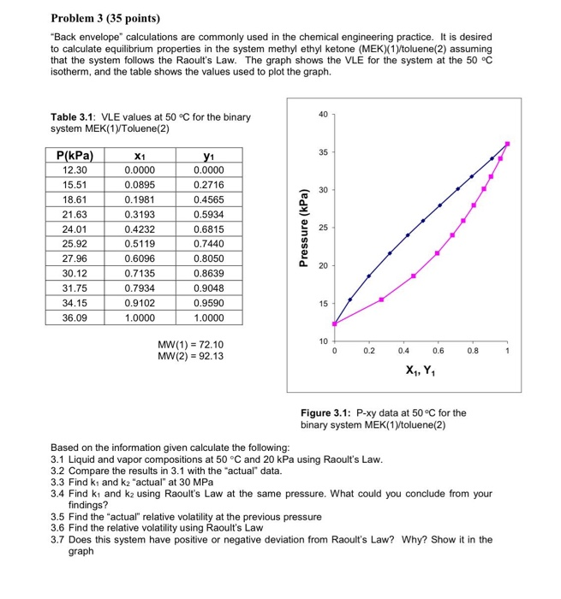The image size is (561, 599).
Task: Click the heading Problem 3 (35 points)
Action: [105, 18]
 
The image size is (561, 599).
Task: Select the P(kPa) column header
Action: [75, 157]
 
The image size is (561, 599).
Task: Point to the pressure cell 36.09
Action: [75, 317]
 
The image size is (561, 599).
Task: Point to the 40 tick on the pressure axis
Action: [322, 115]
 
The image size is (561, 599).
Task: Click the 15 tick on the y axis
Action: [322, 305]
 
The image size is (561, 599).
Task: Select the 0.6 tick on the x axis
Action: [439, 351]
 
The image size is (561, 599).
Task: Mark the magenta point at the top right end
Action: [507, 144]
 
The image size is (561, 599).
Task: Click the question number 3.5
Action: [59, 517]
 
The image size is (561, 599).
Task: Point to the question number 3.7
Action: [59, 540]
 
